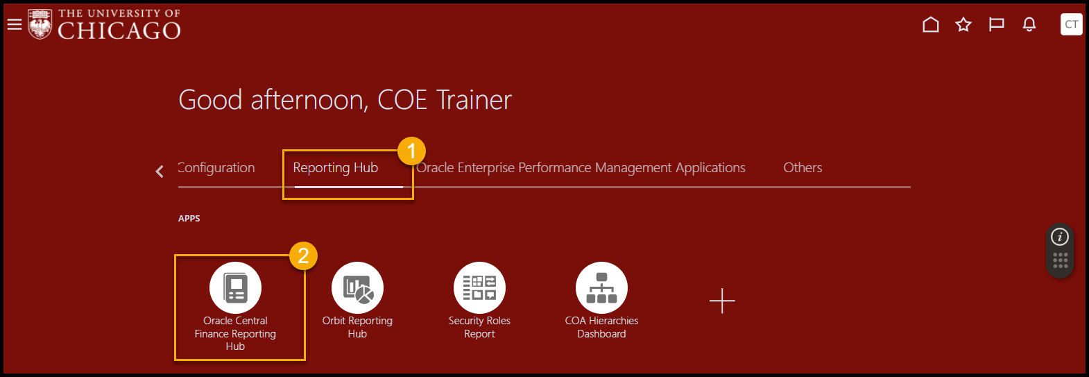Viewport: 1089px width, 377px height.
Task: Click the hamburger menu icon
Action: [x=15, y=24]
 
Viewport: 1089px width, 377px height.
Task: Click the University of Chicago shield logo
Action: [x=40, y=24]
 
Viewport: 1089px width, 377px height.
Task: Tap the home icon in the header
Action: [x=931, y=24]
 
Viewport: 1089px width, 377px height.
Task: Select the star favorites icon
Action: [x=963, y=24]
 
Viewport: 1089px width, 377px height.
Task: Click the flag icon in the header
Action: [x=996, y=24]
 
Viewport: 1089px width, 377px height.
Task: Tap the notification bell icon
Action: [x=1029, y=24]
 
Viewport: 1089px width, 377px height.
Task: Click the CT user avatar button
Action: [x=1071, y=24]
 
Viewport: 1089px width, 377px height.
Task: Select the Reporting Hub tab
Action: [x=336, y=168]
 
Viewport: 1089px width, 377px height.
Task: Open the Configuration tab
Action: [x=216, y=168]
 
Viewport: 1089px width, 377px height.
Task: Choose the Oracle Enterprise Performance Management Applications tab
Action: [x=581, y=168]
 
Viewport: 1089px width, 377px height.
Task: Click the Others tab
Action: [x=803, y=168]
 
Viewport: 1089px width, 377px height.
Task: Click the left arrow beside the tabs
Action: [x=160, y=171]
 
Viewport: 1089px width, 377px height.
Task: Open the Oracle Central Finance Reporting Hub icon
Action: [x=235, y=287]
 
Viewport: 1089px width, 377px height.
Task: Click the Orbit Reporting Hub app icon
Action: [x=357, y=287]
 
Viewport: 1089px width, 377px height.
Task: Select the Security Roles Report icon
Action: [x=479, y=287]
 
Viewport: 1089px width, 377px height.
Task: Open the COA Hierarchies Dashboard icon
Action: [x=601, y=287]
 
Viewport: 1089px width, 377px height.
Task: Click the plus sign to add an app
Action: [x=722, y=301]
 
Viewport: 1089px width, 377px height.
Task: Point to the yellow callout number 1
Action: [x=411, y=151]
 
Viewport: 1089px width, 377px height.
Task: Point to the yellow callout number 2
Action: [x=303, y=256]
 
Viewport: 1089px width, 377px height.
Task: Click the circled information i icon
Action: [x=1060, y=237]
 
